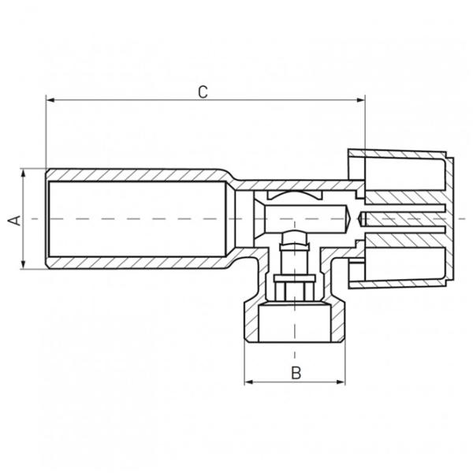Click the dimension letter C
point(203,92)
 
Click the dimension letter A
point(14,221)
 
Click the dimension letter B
point(296,373)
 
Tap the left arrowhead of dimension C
point(50,100)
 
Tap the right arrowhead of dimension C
point(361,100)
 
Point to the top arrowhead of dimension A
point(23,173)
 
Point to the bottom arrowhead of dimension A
point(23,264)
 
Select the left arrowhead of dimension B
point(249,382)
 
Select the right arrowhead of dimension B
point(341,382)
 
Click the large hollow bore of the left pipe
point(137,219)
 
